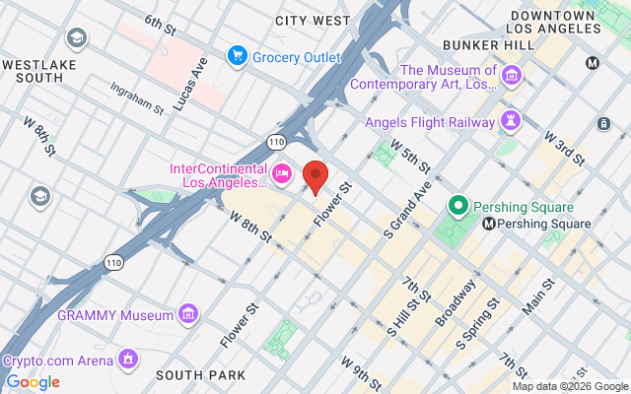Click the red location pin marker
tap(315, 176)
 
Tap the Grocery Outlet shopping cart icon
tap(237, 56)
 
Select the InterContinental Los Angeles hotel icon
tap(281, 174)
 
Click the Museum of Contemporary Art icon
tap(512, 76)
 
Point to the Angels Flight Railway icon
tap(511, 121)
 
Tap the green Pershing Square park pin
tap(457, 207)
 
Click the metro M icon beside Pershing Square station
tap(489, 225)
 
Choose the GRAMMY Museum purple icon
tap(187, 315)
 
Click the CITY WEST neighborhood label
tap(313, 20)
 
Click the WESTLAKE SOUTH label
tap(38, 70)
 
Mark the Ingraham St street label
tap(137, 98)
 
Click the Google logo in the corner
tap(33, 382)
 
